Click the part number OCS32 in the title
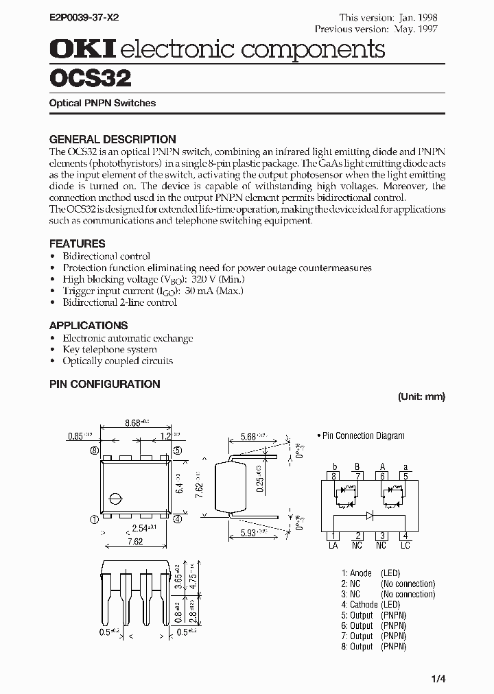[x=90, y=78]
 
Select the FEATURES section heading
[x=78, y=243]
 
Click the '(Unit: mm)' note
[x=421, y=396]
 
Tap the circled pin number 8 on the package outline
[x=93, y=451]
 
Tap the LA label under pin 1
[x=333, y=545]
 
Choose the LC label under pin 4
[x=405, y=545]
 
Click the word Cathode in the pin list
[x=364, y=604]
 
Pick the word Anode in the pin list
[x=361, y=573]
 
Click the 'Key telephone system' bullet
[x=110, y=350]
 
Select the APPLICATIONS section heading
[x=89, y=325]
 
